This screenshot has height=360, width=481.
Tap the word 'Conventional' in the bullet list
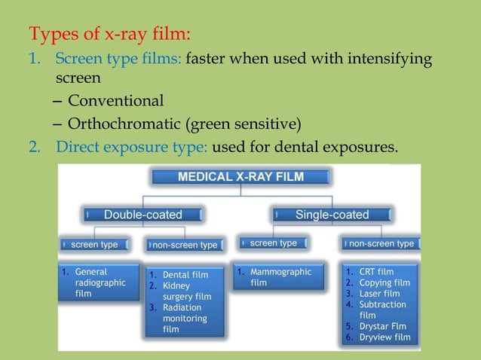115,100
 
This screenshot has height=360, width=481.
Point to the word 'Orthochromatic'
116,123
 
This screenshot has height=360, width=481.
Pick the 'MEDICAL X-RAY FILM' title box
241,177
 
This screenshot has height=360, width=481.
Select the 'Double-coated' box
143,215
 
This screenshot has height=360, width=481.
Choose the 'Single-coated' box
332,215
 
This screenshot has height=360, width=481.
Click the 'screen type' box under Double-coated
94,245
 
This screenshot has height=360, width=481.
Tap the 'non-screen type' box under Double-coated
185,245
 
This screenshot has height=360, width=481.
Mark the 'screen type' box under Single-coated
273,243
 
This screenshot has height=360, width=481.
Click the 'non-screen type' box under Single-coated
381,244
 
